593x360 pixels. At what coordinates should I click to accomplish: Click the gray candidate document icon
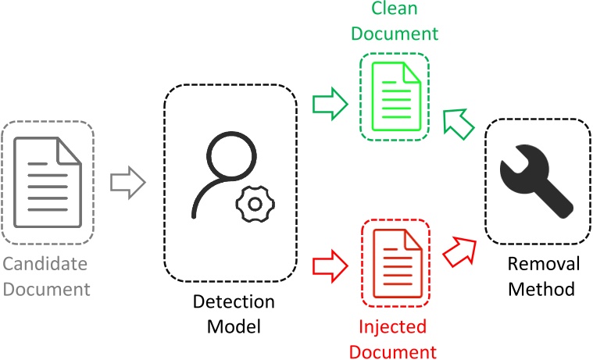[48, 183]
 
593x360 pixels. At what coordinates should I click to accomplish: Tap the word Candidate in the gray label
[45, 264]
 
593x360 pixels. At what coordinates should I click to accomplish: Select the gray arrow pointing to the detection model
[128, 183]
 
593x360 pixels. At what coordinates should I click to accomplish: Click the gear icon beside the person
[255, 204]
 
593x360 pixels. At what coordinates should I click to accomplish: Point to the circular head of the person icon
[231, 156]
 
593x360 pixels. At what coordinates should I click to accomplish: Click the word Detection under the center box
[234, 301]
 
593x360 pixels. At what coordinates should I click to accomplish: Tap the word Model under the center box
[234, 326]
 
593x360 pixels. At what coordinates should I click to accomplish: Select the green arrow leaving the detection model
[330, 104]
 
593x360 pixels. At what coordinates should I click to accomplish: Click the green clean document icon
[396, 97]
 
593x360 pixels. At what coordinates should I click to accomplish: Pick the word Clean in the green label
[395, 8]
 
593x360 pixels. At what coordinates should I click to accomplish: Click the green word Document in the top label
[395, 34]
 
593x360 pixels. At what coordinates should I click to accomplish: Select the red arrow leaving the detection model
[330, 266]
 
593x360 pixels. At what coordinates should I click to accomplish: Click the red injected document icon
[398, 264]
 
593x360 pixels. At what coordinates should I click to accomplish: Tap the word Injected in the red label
[392, 326]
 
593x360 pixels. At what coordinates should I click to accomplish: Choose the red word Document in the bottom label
[392, 351]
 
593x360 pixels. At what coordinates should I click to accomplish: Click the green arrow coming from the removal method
[459, 124]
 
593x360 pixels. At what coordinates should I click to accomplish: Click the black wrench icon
[537, 180]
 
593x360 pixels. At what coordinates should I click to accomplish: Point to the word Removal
[544, 264]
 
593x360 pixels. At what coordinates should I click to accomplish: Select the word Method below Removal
[541, 289]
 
